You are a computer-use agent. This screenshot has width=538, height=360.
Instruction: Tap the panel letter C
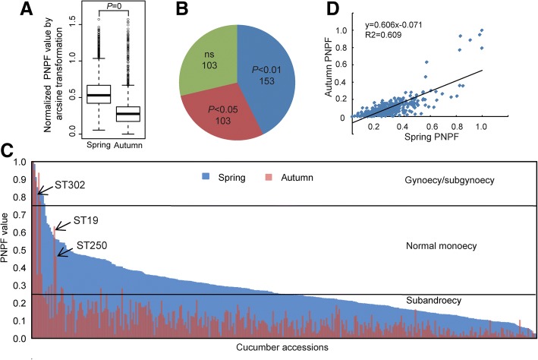pos(8,150)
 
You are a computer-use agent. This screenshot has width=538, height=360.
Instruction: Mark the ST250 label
pos(90,245)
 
